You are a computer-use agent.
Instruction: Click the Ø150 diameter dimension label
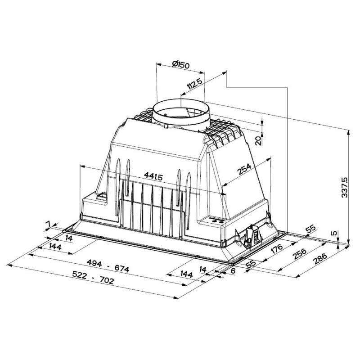[181, 65]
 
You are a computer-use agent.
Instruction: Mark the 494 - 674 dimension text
[108, 269]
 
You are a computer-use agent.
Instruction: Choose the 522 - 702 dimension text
[93, 280]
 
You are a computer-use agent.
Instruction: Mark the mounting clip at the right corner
[251, 237]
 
